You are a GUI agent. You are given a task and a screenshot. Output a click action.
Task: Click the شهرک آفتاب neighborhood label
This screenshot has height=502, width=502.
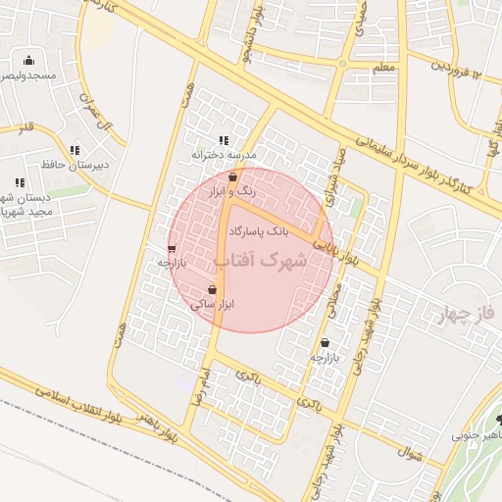click(261, 261)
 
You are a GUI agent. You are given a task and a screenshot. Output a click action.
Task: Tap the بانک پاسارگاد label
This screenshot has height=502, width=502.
click(258, 232)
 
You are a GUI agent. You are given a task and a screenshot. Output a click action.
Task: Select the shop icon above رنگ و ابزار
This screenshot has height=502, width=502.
click(232, 177)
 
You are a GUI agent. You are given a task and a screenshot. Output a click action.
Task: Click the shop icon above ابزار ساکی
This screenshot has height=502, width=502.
click(213, 289)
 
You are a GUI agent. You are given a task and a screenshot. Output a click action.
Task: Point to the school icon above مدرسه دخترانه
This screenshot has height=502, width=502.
click(224, 140)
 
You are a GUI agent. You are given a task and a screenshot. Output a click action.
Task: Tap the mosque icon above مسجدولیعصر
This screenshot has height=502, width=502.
click(28, 60)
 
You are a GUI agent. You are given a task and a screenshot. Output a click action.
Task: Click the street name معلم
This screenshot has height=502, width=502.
click(385, 67)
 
